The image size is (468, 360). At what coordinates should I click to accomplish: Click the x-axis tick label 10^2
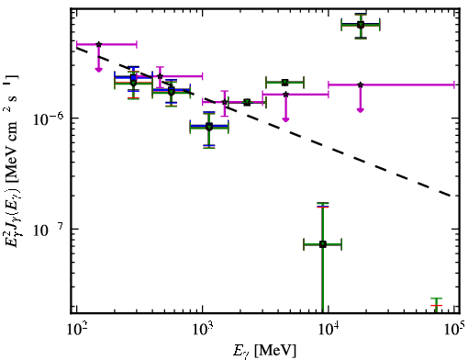(x=76, y=330)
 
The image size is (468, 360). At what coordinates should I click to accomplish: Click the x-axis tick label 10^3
(x=203, y=330)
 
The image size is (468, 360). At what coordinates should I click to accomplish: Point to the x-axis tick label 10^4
(x=329, y=330)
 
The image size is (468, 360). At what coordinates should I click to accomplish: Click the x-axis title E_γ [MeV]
(x=264, y=351)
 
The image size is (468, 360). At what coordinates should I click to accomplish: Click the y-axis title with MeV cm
(x=11, y=160)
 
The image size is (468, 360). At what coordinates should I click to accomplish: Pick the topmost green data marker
(x=361, y=25)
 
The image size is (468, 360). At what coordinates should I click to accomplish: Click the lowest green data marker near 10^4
(x=323, y=244)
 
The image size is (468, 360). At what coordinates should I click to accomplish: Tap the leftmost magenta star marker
(x=98, y=44)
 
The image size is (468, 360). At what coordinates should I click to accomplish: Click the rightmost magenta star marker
(x=361, y=84)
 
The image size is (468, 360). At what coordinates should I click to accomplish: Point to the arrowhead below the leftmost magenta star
(x=98, y=70)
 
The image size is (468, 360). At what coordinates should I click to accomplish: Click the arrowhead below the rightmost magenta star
(x=361, y=109)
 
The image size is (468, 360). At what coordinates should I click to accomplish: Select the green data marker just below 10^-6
(x=209, y=127)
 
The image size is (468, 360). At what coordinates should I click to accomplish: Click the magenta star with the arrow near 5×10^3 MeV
(x=285, y=95)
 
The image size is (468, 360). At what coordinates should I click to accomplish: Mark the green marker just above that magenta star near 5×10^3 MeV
(x=284, y=82)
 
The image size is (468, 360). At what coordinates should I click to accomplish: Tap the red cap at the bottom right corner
(x=436, y=306)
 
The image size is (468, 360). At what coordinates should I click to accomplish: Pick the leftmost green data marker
(x=133, y=83)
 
